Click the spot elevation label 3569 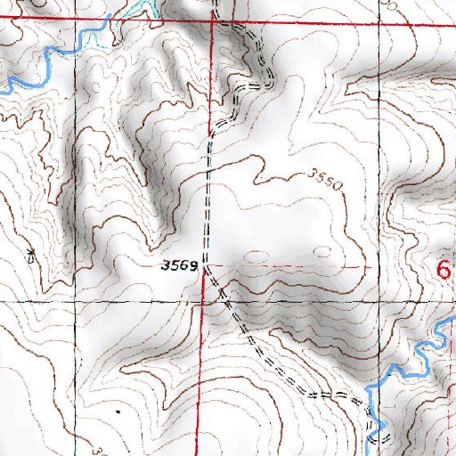pyautogui.click(x=178, y=265)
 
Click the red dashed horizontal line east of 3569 pyautogui.click(x=294, y=265)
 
